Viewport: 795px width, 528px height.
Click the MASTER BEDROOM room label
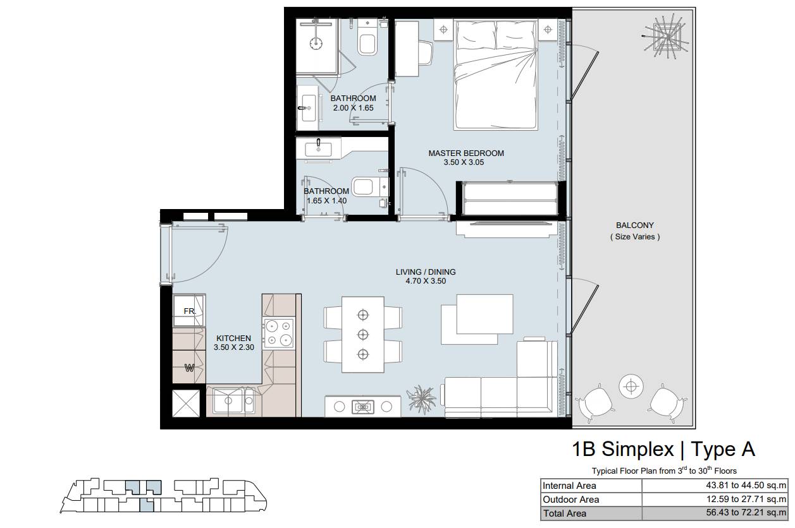coord(466,153)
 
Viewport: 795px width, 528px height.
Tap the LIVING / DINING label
coord(426,272)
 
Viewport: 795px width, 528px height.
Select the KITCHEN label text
coord(233,339)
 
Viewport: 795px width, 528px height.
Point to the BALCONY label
coord(634,225)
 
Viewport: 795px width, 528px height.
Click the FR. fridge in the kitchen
coord(189,311)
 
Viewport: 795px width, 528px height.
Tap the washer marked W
coord(189,367)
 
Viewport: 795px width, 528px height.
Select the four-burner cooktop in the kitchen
coord(279,333)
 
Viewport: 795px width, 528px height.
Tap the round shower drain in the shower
coord(316,43)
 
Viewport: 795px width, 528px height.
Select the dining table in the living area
coord(363,335)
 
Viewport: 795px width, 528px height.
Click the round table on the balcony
coord(631,387)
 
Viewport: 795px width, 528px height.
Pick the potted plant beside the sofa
coord(421,400)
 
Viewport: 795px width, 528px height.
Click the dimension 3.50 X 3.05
coord(464,162)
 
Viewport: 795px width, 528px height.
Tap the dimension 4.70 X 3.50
coord(426,281)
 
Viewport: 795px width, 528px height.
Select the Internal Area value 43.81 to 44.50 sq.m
coord(746,485)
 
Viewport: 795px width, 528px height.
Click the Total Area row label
coord(564,513)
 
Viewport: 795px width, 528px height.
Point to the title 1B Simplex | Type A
coord(663,449)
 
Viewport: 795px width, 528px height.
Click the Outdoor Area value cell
coord(715,500)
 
